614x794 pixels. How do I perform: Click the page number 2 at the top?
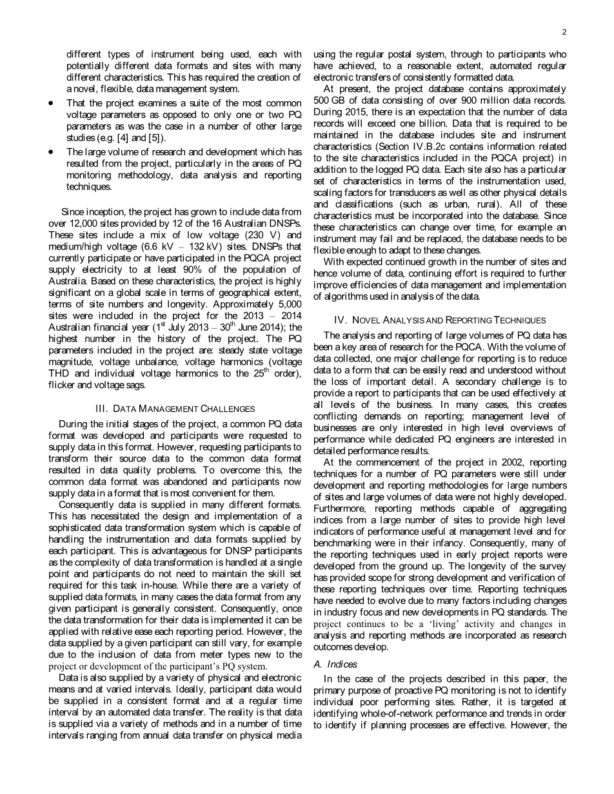(x=564, y=32)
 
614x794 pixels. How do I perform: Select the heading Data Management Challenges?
(x=175, y=409)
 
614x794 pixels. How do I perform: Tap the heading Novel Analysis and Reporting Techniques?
(x=440, y=320)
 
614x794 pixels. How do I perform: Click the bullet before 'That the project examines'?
(x=52, y=103)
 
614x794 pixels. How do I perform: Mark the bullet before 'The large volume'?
(x=52, y=152)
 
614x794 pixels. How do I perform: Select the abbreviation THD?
(x=62, y=374)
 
